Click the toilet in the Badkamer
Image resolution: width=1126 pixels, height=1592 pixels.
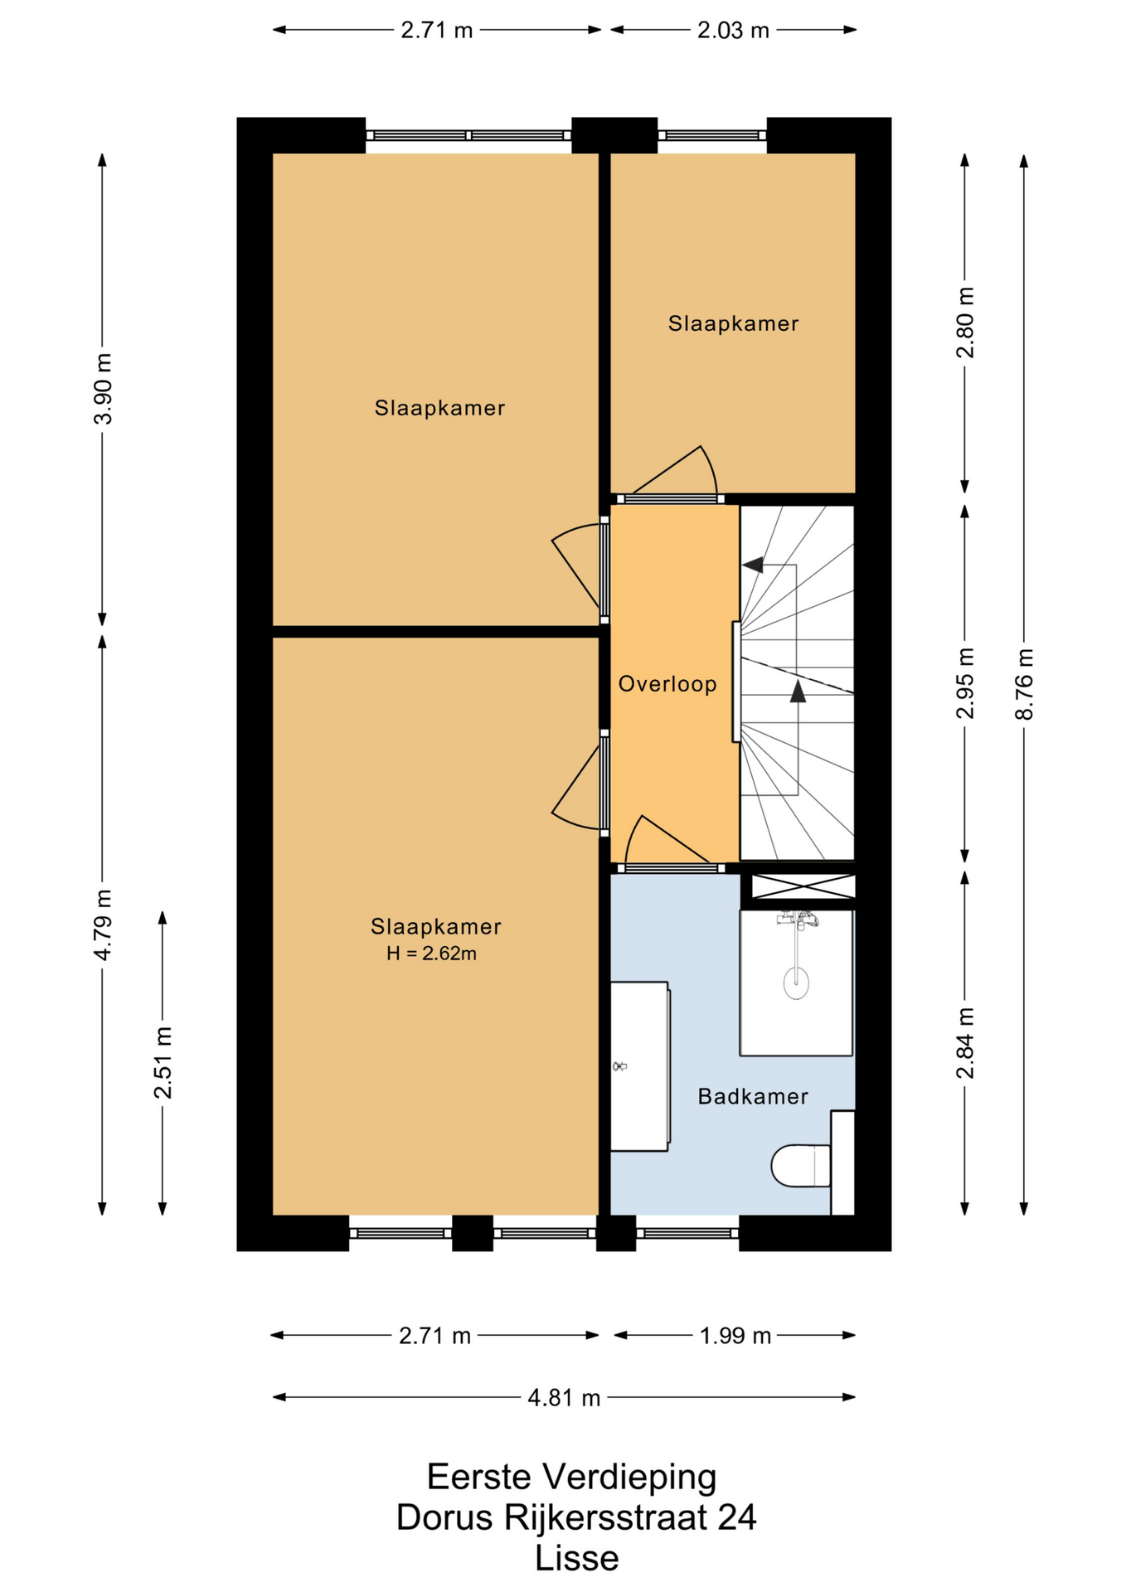click(801, 1165)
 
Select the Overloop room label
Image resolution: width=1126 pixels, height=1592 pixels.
click(667, 684)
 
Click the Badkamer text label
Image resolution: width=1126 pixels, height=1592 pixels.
click(752, 1096)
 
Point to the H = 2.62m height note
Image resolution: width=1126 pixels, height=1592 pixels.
click(431, 954)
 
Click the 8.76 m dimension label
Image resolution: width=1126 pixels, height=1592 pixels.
click(1025, 683)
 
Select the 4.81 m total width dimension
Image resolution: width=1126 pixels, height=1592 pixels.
click(564, 1398)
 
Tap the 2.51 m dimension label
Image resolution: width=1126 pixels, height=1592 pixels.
click(163, 1062)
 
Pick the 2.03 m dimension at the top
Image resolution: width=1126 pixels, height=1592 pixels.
click(733, 31)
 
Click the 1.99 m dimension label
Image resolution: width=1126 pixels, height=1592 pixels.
click(735, 1336)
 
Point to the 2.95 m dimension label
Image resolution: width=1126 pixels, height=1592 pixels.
click(965, 683)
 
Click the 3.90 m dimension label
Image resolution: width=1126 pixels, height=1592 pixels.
click(103, 388)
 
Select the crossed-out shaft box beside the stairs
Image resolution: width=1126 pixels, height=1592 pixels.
click(803, 886)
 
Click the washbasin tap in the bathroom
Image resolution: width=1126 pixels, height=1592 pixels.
click(619, 1066)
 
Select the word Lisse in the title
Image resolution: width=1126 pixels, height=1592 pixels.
click(576, 1559)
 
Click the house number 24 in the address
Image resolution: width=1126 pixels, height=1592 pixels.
click(737, 1517)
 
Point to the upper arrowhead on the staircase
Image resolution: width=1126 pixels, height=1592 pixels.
click(753, 565)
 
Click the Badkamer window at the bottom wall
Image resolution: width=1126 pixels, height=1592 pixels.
click(687, 1233)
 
